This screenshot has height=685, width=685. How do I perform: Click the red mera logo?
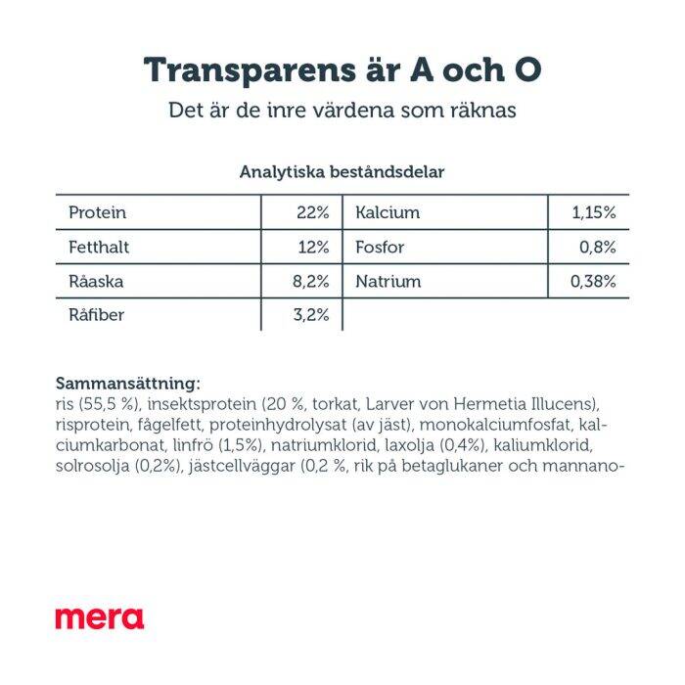click(99, 617)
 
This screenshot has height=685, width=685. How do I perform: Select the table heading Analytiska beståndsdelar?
click(342, 171)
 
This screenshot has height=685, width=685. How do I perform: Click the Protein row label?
click(98, 212)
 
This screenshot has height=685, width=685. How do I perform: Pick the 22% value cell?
click(313, 212)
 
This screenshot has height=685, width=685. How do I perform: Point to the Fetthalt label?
click(99, 248)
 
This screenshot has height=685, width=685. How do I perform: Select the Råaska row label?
click(96, 282)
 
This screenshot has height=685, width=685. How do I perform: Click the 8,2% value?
click(311, 282)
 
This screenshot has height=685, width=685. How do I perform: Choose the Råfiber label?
click(96, 316)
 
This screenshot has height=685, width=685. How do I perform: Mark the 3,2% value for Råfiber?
click(311, 316)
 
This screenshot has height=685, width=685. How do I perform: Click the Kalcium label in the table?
click(388, 212)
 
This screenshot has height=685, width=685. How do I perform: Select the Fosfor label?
click(380, 248)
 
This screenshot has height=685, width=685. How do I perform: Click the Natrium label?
click(388, 282)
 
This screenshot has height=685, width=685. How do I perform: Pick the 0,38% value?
click(593, 282)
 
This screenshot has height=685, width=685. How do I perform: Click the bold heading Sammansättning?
click(128, 383)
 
